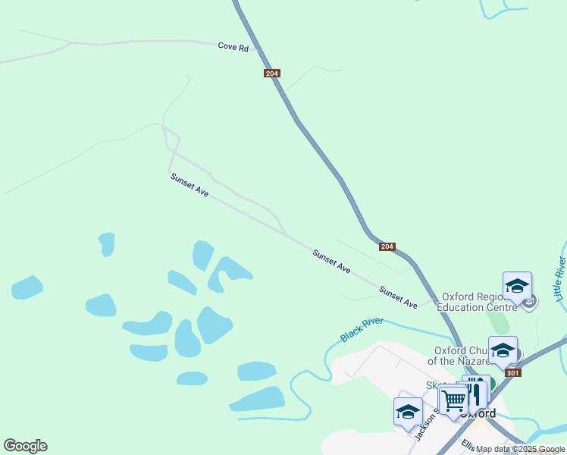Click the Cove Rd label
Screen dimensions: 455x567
click(x=233, y=47)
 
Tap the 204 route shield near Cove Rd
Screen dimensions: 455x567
click(x=273, y=74)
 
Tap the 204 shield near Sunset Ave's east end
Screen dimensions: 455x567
click(x=387, y=246)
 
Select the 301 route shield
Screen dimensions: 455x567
click(x=513, y=372)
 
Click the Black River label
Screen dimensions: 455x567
click(x=362, y=330)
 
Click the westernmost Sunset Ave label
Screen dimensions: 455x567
click(x=190, y=185)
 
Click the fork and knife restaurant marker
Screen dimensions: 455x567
click(x=475, y=392)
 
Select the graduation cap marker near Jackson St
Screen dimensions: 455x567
click(x=408, y=412)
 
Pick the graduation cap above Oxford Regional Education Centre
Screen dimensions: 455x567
click(x=517, y=286)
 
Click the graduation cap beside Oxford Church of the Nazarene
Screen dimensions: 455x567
click(x=502, y=350)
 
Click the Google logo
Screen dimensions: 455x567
click(x=25, y=446)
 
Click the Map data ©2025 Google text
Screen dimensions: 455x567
click(x=520, y=450)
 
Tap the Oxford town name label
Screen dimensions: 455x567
click(x=478, y=414)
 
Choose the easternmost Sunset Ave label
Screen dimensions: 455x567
click(x=398, y=297)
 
